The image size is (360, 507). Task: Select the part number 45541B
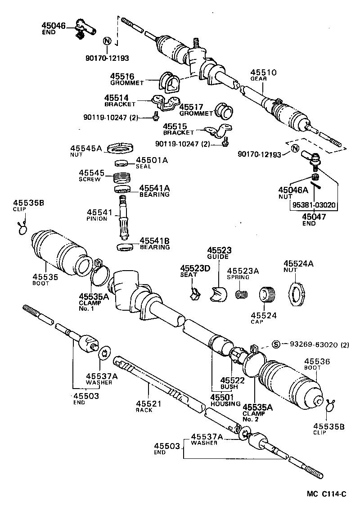154,240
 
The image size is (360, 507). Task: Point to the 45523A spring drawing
242,295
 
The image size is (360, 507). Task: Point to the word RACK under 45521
144,410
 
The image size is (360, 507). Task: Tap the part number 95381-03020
313,205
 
